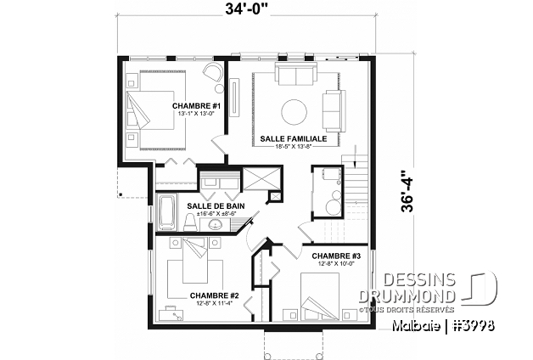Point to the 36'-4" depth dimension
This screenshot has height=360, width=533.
pyautogui.click(x=408, y=192)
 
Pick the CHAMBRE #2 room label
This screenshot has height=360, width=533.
pyautogui.click(x=215, y=295)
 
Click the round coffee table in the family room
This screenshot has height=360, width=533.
pyautogui.click(x=295, y=111)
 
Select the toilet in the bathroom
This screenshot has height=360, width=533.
pyautogui.click(x=188, y=222)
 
